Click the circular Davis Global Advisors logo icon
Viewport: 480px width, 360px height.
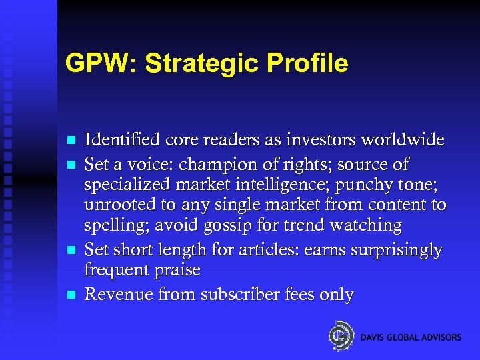(341, 335)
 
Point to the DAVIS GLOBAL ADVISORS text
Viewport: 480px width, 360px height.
(411, 337)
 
